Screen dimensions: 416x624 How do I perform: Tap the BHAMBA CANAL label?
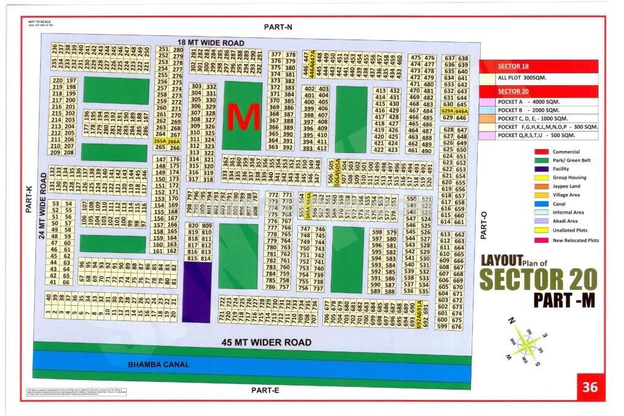click(x=158, y=364)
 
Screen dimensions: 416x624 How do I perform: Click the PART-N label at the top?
click(x=278, y=27)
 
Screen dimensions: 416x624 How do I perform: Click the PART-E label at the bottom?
click(x=264, y=390)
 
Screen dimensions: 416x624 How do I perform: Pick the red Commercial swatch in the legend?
click(x=542, y=152)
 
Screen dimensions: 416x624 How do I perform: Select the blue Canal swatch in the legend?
click(x=542, y=204)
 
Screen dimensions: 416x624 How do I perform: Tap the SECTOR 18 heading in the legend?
click(x=513, y=66)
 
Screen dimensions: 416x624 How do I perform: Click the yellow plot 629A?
click(x=448, y=111)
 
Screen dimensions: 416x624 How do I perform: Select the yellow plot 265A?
click(x=160, y=140)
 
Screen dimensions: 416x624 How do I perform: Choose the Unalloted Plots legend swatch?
click(x=542, y=231)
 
